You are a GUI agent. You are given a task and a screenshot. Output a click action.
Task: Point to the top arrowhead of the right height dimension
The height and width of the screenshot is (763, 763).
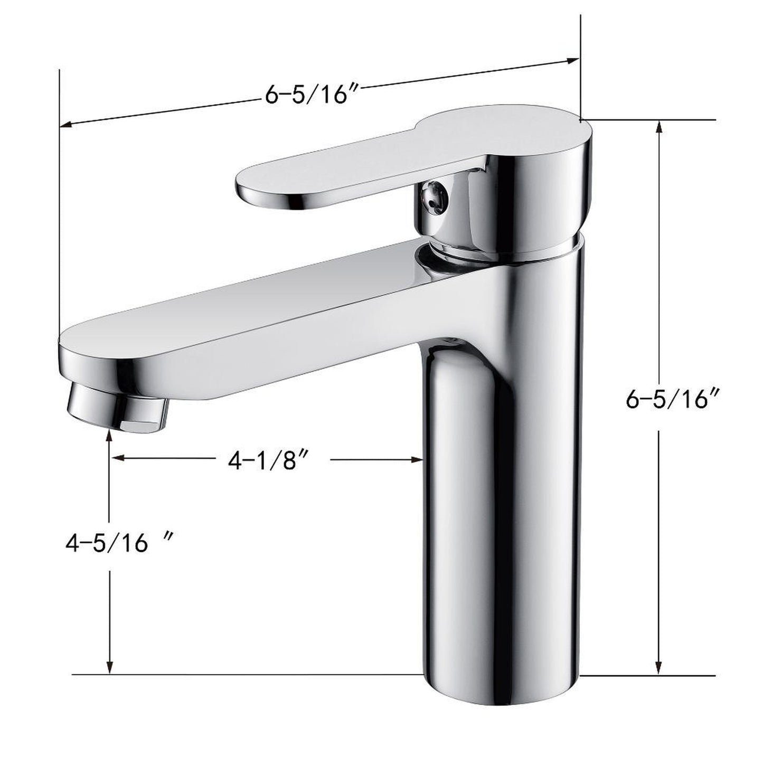pos(658,127)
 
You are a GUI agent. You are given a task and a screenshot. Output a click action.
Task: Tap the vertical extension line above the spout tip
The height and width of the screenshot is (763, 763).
pos(59,211)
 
